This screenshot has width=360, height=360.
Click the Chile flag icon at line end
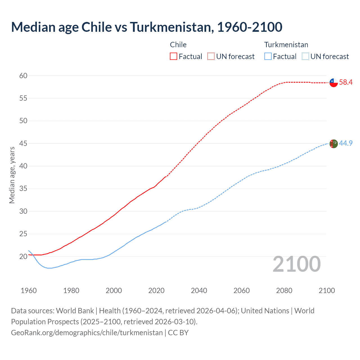(334, 83)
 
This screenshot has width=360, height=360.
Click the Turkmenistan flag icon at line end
(334, 144)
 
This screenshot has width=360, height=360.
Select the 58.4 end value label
(346, 82)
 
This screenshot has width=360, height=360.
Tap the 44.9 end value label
(346, 143)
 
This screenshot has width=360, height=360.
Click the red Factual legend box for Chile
(174, 57)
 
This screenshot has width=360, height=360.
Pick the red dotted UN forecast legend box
(211, 57)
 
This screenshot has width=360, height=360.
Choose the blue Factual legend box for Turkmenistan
(268, 57)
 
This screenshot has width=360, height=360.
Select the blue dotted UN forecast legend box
(305, 57)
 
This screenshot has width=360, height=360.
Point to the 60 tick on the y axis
(23, 76)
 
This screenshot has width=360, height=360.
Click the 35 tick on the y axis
(23, 189)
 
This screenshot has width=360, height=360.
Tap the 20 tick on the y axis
(23, 256)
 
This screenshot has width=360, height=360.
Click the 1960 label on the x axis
(29, 291)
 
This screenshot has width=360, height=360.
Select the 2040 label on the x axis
(199, 291)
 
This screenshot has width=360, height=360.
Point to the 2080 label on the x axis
(284, 291)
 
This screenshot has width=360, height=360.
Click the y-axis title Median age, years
(12, 175)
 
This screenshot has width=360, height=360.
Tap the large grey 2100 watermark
(296, 264)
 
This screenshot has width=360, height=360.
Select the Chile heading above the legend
(178, 45)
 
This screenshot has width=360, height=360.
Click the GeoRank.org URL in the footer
(87, 333)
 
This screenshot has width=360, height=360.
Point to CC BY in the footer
(178, 333)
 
